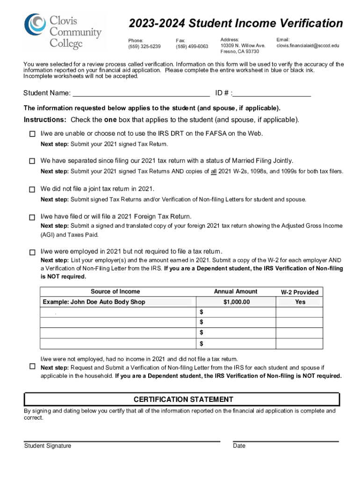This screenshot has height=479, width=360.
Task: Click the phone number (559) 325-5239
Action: [144, 46]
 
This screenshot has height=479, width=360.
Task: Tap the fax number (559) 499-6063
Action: [192, 46]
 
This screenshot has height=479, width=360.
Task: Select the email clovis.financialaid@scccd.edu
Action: [308, 46]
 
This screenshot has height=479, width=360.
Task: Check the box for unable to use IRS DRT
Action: [32, 134]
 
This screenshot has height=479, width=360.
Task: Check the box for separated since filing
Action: [32, 161]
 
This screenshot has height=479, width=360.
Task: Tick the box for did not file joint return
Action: [32, 189]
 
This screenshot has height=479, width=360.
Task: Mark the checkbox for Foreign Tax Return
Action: [32, 218]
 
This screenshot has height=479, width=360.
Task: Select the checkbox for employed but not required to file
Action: [32, 252]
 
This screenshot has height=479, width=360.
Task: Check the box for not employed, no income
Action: [32, 366]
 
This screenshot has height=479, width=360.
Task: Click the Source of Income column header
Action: [115, 292]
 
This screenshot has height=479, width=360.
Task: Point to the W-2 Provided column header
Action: [299, 292]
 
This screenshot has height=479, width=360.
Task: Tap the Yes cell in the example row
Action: [300, 302]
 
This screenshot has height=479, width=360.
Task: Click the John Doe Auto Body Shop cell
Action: [94, 302]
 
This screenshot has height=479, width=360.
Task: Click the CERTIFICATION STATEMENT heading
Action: [183, 399]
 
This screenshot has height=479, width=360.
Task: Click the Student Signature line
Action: [122, 440]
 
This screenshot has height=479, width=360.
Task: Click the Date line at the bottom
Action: [285, 440]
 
